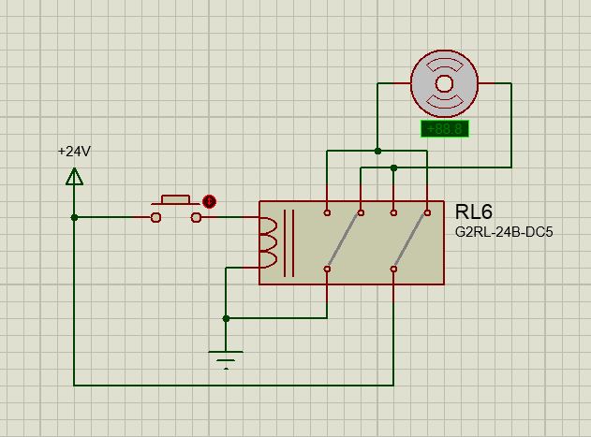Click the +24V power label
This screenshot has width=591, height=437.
(74, 151)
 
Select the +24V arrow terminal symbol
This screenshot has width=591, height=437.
(74, 176)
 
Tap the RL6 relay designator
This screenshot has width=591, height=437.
(474, 212)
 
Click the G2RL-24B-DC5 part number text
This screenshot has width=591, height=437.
(503, 231)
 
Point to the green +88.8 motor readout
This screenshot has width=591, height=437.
(444, 129)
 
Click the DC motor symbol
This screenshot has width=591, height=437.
(445, 83)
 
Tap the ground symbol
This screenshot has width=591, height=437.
(226, 357)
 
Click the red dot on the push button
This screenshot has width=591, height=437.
(210, 200)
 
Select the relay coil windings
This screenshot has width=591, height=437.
(267, 242)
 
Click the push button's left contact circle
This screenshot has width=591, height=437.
(155, 217)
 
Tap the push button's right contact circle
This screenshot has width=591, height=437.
(196, 217)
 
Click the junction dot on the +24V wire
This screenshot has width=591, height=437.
(74, 217)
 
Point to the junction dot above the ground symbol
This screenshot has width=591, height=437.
(226, 318)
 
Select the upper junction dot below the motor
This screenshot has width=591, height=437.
(377, 151)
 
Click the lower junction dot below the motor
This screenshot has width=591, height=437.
(394, 168)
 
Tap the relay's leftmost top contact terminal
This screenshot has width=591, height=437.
(327, 213)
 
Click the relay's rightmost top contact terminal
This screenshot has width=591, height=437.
(427, 213)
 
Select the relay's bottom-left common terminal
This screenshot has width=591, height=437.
(327, 269)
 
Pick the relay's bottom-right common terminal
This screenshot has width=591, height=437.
(393, 269)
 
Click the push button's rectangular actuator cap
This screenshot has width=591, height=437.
(175, 199)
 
